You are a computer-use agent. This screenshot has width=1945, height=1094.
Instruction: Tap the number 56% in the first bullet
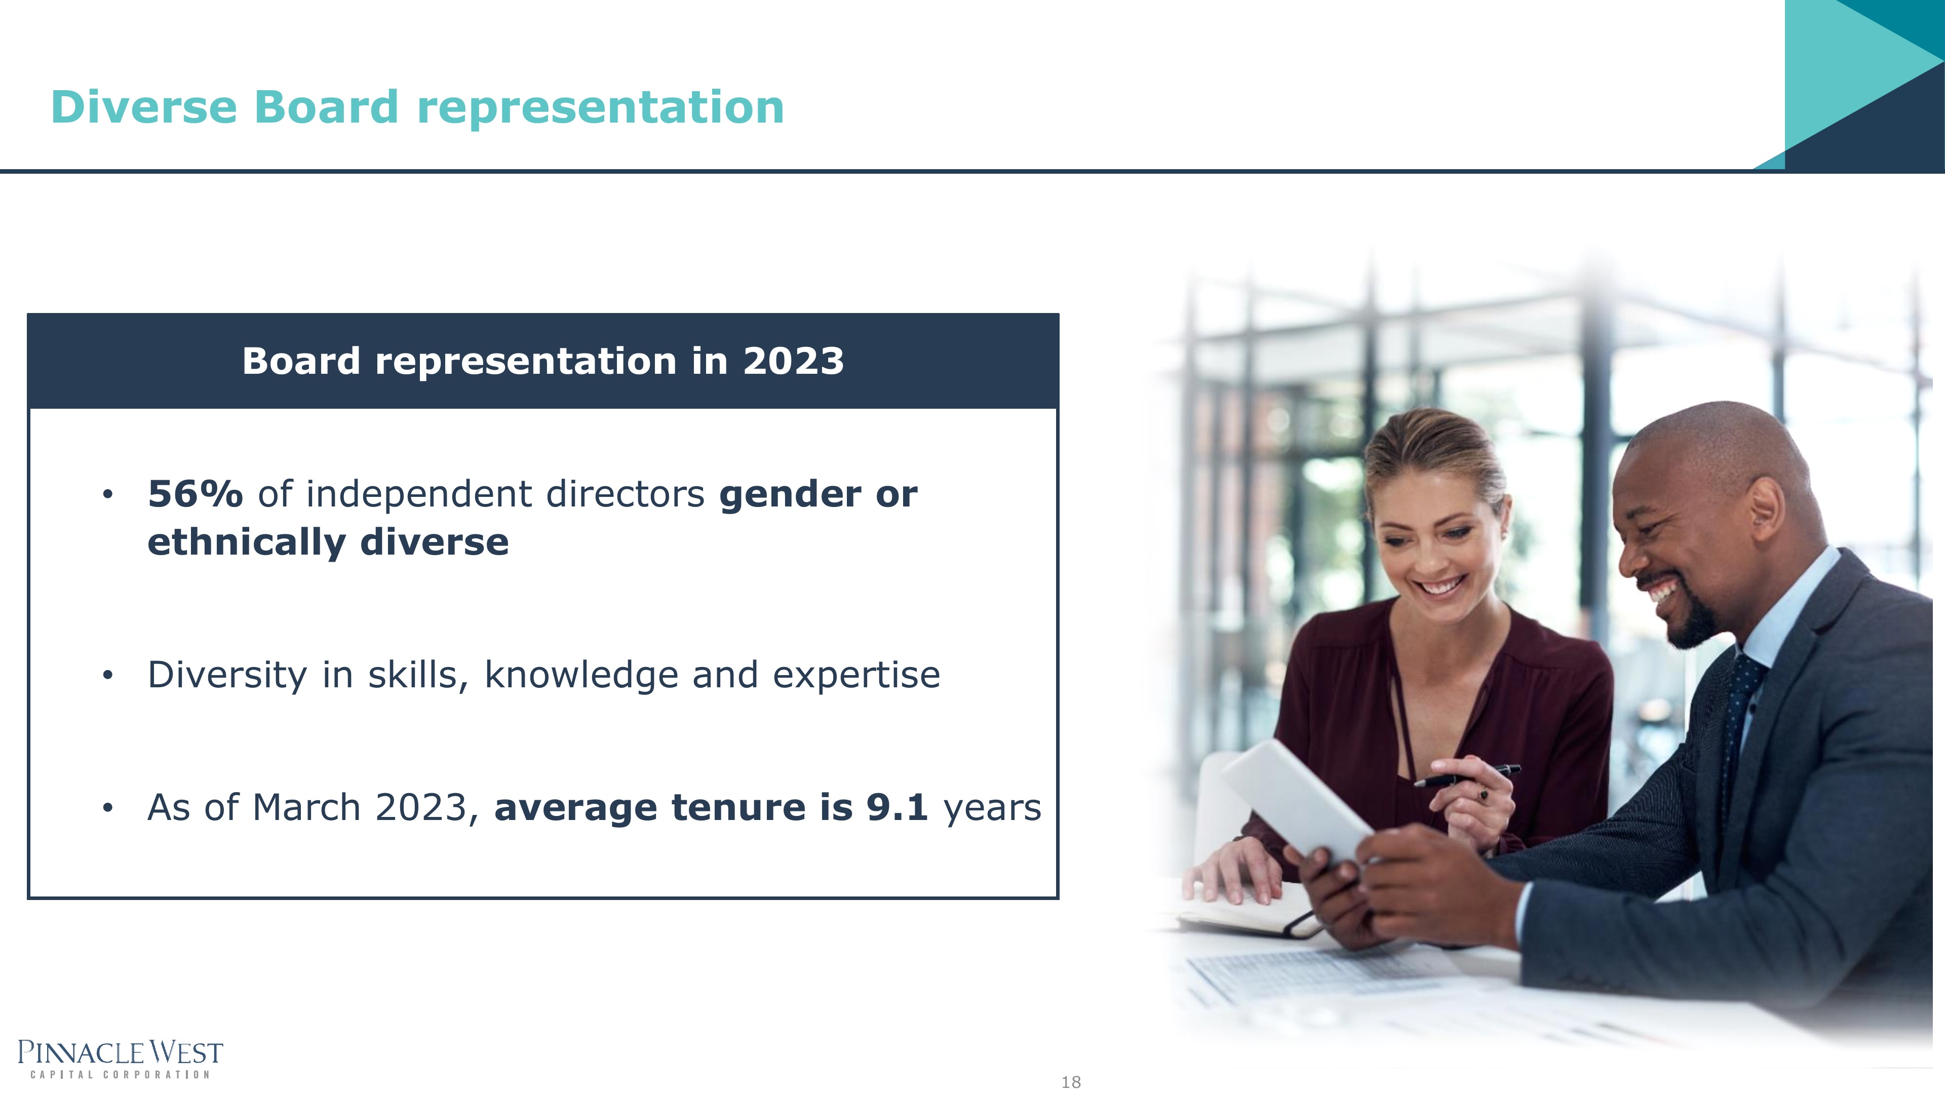[196, 494]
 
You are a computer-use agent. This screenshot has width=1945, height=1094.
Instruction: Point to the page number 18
[1071, 1082]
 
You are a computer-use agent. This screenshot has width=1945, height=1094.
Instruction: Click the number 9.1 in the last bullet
[897, 807]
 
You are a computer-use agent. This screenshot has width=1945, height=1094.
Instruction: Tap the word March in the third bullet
[306, 807]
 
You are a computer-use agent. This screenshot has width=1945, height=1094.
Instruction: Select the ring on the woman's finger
[1484, 794]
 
